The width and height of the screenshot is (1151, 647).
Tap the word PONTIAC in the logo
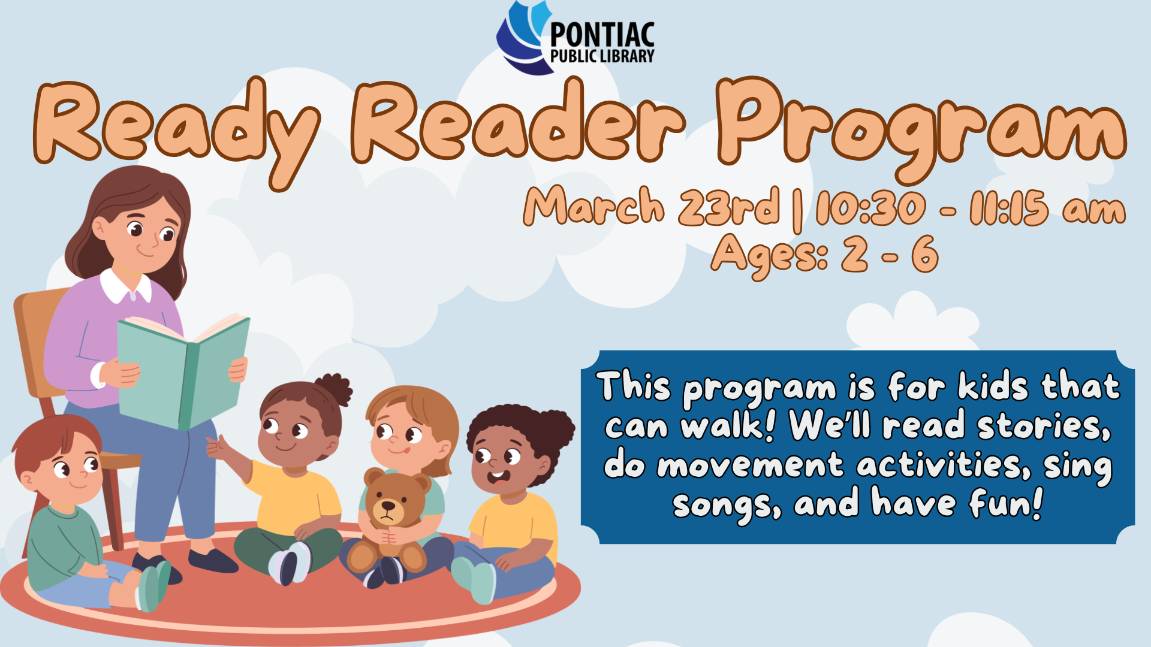tap(602, 35)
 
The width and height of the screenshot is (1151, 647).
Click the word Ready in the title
tap(174, 123)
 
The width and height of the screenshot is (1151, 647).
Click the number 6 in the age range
tap(924, 253)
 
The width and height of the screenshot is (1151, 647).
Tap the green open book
tap(183, 371)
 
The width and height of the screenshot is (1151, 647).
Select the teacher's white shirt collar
tap(125, 288)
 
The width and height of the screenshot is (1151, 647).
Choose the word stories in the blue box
tap(1043, 426)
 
